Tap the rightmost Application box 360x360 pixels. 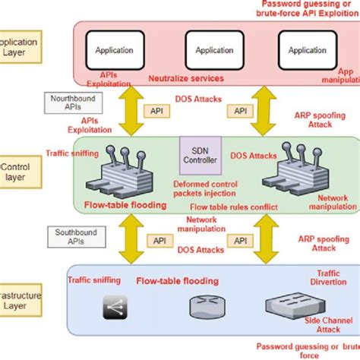pos(308,50)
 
